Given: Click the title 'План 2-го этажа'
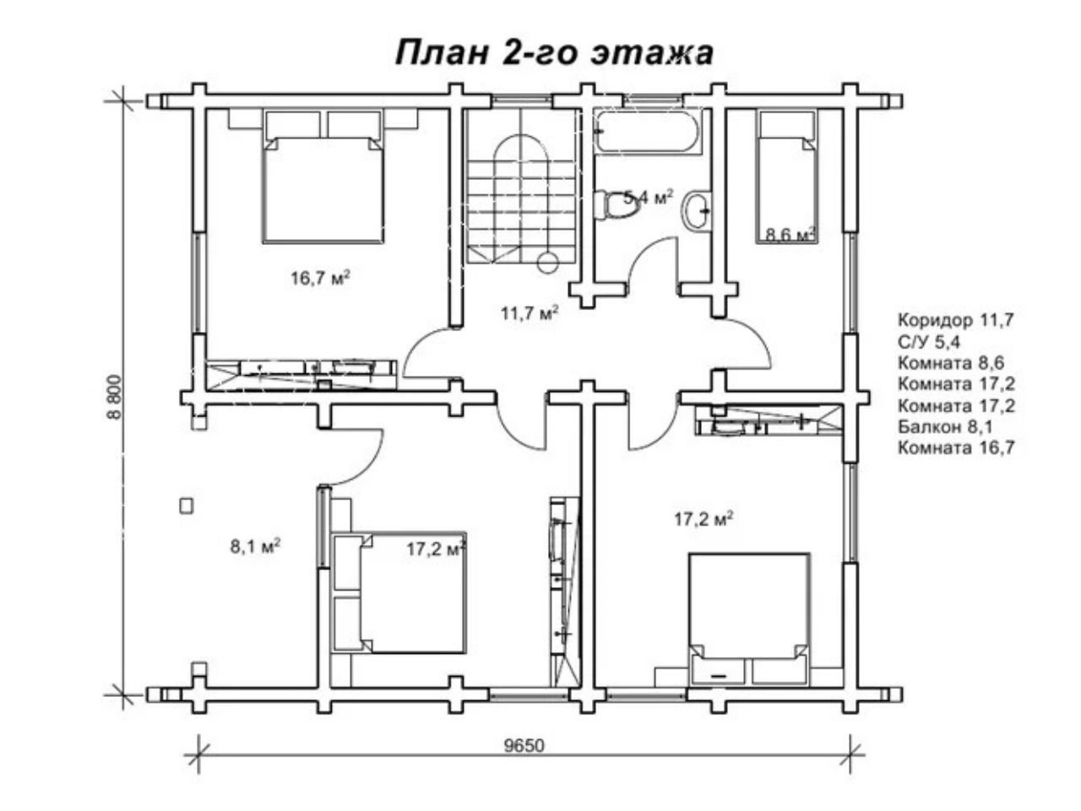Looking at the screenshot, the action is (553, 52).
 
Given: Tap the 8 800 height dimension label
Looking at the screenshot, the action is (114, 397).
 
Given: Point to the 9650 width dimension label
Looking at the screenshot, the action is (524, 746).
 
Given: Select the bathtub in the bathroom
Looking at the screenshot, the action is (646, 131).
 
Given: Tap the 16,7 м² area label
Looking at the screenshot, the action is (320, 278).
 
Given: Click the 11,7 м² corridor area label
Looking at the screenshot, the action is (530, 313).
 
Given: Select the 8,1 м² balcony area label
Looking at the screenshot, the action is (256, 546).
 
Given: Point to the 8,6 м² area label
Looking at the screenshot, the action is (789, 234).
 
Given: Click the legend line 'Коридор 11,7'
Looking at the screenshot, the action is (956, 320).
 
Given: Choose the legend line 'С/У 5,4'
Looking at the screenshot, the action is (929, 342).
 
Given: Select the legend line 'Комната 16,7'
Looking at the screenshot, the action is (956, 448).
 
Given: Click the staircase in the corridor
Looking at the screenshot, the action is (521, 187).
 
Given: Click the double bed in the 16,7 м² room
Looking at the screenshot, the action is (323, 177).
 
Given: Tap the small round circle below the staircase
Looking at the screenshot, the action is (547, 263).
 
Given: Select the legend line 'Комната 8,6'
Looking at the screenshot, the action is (951, 363).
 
